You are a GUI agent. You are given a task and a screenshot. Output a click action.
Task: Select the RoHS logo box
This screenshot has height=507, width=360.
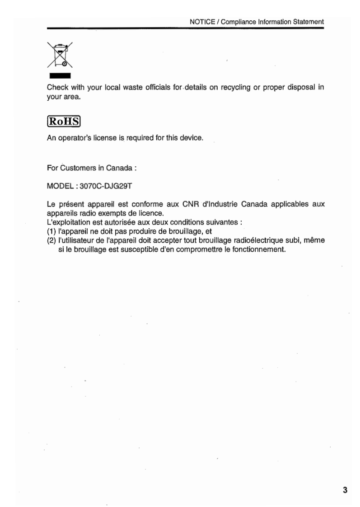63,122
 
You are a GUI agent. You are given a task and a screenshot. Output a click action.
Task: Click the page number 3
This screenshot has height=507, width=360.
345,490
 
